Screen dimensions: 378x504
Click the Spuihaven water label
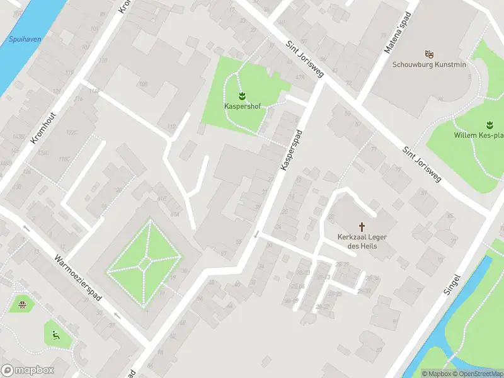pyautogui.click(x=25, y=39)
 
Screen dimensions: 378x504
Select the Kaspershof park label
pyautogui.click(x=243, y=106)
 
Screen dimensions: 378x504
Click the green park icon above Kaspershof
pyautogui.click(x=243, y=96)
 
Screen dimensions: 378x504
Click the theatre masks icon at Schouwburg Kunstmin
pyautogui.click(x=429, y=54)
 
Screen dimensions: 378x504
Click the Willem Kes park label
pyautogui.click(x=479, y=135)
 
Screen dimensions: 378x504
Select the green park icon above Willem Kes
pyautogui.click(x=488, y=124)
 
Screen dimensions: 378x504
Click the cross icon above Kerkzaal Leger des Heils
pyautogui.click(x=362, y=226)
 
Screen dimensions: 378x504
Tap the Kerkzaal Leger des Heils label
pyautogui.click(x=362, y=241)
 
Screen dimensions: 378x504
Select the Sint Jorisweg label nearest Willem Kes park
pyautogui.click(x=423, y=163)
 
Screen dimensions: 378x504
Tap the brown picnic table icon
pyautogui.click(x=23, y=306)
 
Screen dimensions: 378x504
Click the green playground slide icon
pyautogui.click(x=56, y=335)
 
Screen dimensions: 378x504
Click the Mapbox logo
pyautogui.click(x=28, y=370)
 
